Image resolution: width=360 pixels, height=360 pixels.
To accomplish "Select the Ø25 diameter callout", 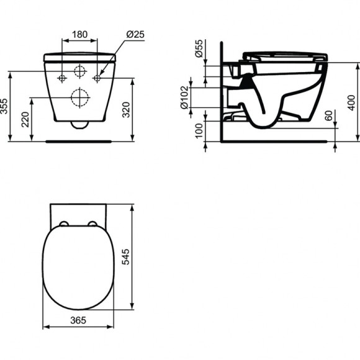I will (135, 34).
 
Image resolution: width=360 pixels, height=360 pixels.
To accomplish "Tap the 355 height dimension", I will (5, 106).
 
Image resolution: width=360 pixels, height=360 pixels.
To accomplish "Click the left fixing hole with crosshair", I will (61, 78).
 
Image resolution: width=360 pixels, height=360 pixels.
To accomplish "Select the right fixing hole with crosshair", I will (97, 78).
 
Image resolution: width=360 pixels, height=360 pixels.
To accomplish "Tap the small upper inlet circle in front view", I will (79, 71).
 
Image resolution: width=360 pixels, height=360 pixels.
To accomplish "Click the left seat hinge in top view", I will (63, 223).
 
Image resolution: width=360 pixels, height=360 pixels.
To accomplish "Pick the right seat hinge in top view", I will (92, 223).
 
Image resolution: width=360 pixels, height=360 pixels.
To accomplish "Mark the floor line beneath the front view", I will (79, 141).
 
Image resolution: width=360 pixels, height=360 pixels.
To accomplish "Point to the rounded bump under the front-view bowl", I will (79, 124).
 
